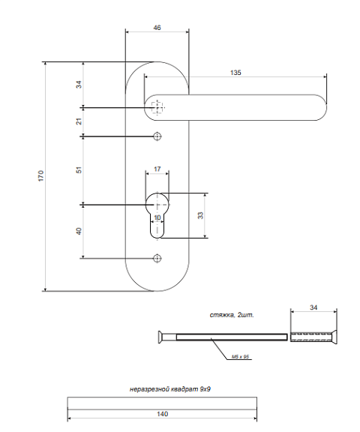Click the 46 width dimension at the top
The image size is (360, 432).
tap(157, 28)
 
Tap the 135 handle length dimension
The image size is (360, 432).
tap(235, 73)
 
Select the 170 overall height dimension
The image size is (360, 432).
tap(40, 175)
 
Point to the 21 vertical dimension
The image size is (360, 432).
tap(79, 121)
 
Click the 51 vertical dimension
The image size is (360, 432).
tap(79, 170)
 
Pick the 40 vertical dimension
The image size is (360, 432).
tap(79, 231)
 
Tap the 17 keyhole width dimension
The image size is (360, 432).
tap(157, 169)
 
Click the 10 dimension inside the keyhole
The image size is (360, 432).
tap(157, 217)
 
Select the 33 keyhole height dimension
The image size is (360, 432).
tap(201, 215)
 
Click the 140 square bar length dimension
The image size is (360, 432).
tap(162, 414)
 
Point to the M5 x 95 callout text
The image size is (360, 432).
tap(240, 357)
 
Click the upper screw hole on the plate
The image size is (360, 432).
tap(157, 136)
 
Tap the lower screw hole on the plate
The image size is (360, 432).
tap(157, 259)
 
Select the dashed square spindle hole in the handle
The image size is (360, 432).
tap(157, 107)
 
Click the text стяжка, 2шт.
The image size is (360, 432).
tap(232, 315)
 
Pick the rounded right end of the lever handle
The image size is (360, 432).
tap(322, 107)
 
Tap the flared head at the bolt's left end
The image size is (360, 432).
tap(160, 337)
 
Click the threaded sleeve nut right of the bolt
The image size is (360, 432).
tap(313, 337)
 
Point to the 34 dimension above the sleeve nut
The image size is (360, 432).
tap(313, 307)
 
